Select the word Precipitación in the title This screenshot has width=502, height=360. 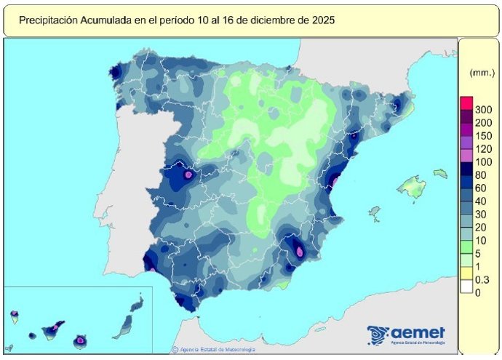(47, 21)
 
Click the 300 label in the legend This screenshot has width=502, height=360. (483, 109)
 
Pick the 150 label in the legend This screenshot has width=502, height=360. (483, 135)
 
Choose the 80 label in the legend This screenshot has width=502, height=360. (480, 175)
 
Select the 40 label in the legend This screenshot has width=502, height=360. (480, 201)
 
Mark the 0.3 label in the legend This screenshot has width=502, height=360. (482, 279)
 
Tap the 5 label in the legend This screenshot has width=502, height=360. (478, 253)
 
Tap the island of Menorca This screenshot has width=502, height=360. (440, 173)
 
